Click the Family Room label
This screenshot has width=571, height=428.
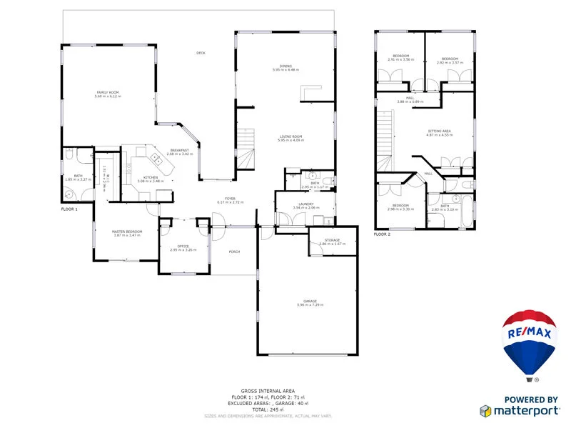pyautogui.click(x=108, y=94)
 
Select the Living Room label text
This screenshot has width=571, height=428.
pyautogui.click(x=290, y=138)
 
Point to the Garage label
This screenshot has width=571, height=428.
pyautogui.click(x=310, y=302)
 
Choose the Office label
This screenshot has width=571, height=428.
pyautogui.click(x=183, y=247)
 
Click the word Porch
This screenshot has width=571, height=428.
pyautogui.click(x=234, y=252)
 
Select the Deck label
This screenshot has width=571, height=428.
pyautogui.click(x=201, y=53)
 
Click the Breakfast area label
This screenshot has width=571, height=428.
pyautogui.click(x=179, y=151)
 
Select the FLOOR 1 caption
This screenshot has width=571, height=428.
pyautogui.click(x=69, y=209)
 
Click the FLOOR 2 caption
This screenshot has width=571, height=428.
pyautogui.click(x=383, y=234)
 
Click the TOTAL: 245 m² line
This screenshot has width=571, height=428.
pyautogui.click(x=268, y=409)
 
